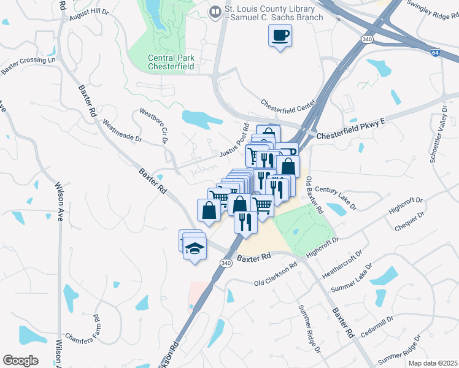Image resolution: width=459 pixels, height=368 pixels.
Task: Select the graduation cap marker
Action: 195,249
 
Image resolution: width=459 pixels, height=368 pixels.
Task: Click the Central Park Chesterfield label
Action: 171,63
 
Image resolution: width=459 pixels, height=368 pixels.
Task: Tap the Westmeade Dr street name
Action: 122,131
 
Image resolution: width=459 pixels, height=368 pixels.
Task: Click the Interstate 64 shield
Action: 434,53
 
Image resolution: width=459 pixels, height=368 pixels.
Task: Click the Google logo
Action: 20,360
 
